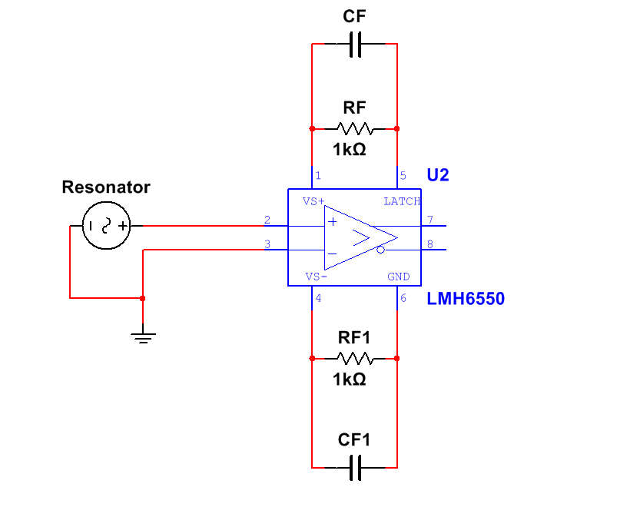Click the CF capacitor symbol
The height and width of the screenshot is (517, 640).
click(x=354, y=45)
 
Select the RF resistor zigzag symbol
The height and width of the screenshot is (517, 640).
click(x=354, y=128)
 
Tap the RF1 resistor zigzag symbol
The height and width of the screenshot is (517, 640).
click(x=354, y=358)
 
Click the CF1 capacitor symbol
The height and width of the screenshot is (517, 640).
click(x=354, y=466)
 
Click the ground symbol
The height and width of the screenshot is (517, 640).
click(x=143, y=336)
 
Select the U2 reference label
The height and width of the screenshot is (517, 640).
click(x=437, y=175)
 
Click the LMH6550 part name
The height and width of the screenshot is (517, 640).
click(x=466, y=299)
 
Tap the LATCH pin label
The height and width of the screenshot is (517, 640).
click(x=402, y=201)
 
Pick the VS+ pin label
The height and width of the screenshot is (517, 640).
click(x=313, y=201)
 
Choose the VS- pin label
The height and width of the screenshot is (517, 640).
click(x=315, y=277)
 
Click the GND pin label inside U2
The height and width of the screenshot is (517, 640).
click(x=398, y=277)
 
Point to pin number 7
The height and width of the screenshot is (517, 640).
click(x=430, y=220)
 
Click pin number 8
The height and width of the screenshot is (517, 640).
click(x=430, y=245)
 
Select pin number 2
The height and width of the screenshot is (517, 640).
click(x=267, y=220)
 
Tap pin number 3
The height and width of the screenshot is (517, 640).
click(x=267, y=245)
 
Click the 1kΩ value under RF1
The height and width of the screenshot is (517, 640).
click(x=350, y=379)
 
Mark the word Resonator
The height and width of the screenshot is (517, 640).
click(x=106, y=187)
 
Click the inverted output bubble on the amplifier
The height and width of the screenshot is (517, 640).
click(x=380, y=250)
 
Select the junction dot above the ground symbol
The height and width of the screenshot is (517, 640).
click(x=143, y=298)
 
